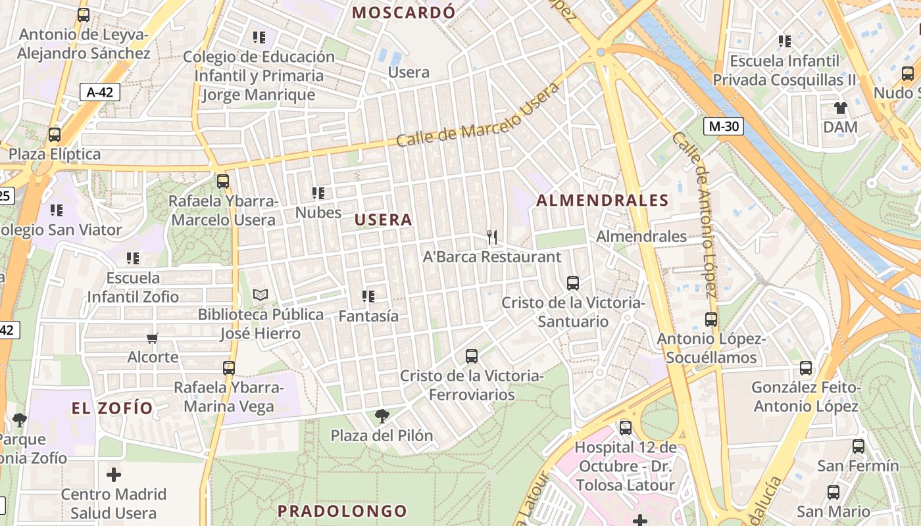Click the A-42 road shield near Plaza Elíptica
pos(100,92)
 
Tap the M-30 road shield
pos(723,126)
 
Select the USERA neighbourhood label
pos(384,220)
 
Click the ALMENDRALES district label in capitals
pos(603,201)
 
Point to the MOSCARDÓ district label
pos(404,12)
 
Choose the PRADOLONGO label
pos(342,511)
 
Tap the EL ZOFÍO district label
pos(112,408)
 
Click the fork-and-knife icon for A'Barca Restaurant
pos(491,237)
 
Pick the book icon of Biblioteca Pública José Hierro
pos(261,295)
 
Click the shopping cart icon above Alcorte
pos(153,338)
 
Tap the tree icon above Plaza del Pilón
pos(382,416)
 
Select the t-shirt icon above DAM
pos(840,107)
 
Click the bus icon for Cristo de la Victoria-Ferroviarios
pos(472,356)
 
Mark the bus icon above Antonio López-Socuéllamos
pos(711,320)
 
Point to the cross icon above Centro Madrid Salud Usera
pos(114,474)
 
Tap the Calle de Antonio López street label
pos(694,214)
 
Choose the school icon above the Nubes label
pos(318,193)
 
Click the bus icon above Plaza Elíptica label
pos(55,135)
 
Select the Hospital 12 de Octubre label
pos(625,467)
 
